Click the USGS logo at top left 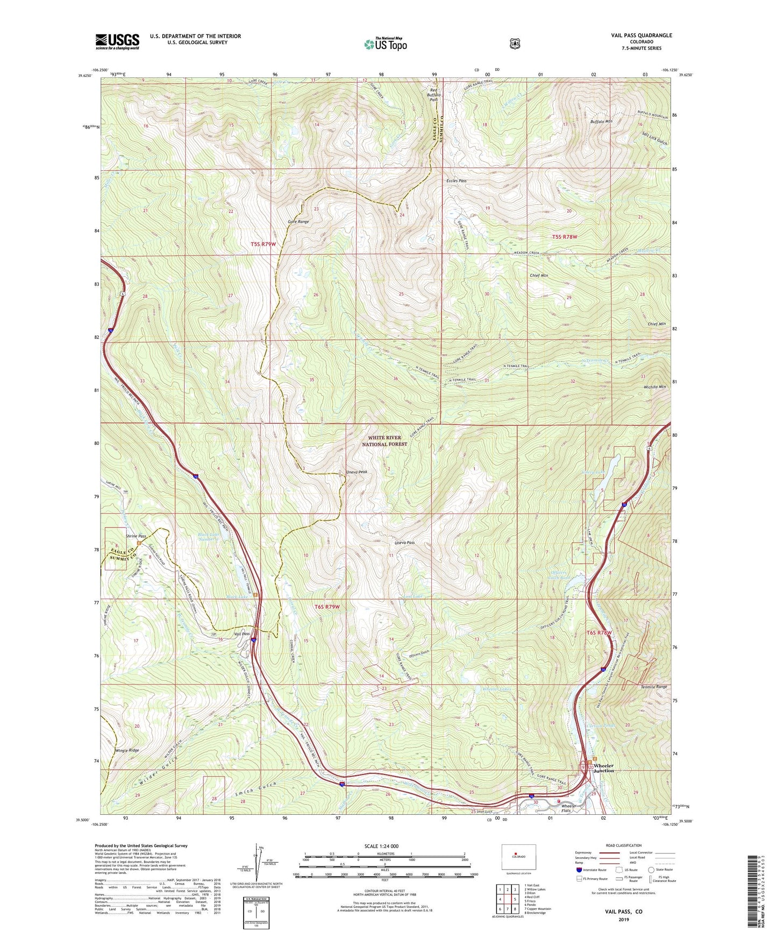117,41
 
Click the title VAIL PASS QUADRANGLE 641,35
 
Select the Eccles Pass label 456,181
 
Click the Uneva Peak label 357,472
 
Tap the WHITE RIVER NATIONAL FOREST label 384,441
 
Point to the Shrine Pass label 136,536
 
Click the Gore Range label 298,222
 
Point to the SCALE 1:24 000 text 381,846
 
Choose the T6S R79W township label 327,607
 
